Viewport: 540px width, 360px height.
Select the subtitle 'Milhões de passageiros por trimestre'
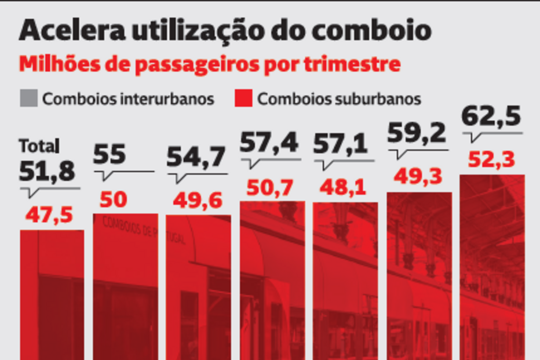pos(209,64)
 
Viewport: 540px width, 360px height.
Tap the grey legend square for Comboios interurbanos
pos(28,98)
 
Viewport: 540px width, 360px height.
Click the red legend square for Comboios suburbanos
pos(243,98)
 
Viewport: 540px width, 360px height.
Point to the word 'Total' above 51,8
pos(39,146)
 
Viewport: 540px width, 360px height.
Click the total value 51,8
pos(48,171)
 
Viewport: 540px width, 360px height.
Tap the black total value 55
pos(110,155)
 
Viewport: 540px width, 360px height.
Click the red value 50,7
pos(270,187)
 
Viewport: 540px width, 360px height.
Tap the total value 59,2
pos(417,133)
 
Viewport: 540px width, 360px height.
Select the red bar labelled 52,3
pos(492,267)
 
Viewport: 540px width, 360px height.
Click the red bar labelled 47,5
pos(52,296)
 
